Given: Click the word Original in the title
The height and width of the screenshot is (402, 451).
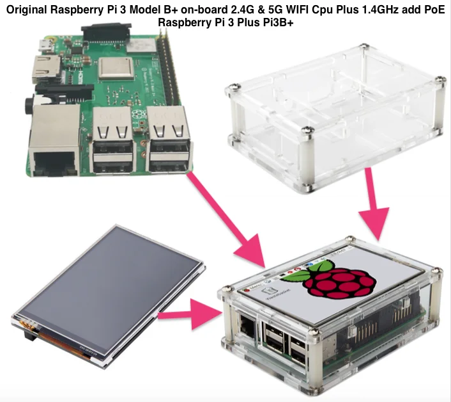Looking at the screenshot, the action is click(x=31, y=10).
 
